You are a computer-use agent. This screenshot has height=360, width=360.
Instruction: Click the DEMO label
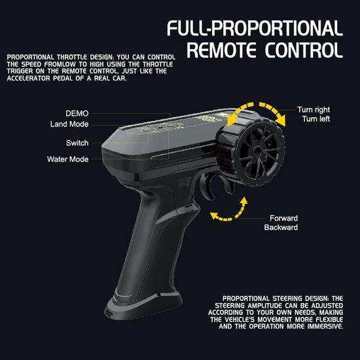click(x=77, y=113)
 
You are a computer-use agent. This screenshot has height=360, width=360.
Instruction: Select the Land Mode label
click(x=69, y=124)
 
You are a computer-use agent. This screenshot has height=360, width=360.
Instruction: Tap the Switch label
click(x=77, y=143)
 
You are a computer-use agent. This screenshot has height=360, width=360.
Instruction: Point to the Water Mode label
click(x=67, y=159)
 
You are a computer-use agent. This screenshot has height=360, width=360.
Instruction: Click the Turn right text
click(x=314, y=110)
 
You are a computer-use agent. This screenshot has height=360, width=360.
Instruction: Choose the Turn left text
click(x=316, y=119)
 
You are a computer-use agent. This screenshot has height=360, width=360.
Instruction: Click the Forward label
click(x=283, y=218)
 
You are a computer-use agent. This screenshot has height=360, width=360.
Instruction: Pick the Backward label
click(x=281, y=227)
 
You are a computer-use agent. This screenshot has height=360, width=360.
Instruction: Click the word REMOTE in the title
click(x=221, y=50)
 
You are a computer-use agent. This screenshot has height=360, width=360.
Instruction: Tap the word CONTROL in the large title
click(x=304, y=50)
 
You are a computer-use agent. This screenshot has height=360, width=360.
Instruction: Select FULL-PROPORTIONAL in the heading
click(x=255, y=28)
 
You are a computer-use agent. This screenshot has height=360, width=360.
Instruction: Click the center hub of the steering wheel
click(x=258, y=151)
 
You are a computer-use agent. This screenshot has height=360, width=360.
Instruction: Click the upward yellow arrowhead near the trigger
click(x=243, y=201)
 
